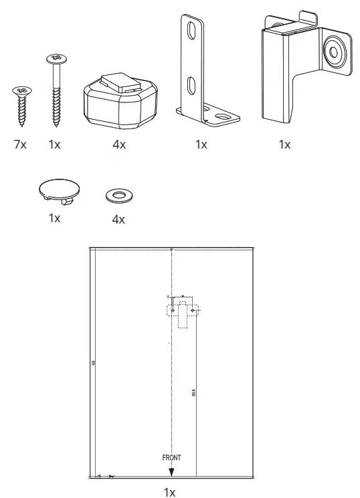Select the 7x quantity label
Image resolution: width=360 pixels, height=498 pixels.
pyautogui.click(x=19, y=145)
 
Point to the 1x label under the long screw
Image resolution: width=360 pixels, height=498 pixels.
pyautogui.click(x=54, y=145)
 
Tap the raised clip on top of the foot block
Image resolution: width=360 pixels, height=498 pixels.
pyautogui.click(x=121, y=82)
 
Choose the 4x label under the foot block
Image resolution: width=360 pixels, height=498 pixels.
pyautogui.click(x=118, y=145)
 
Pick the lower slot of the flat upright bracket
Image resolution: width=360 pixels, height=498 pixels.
pyautogui.click(x=191, y=85)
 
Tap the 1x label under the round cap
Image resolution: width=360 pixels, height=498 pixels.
pyautogui.click(x=54, y=218)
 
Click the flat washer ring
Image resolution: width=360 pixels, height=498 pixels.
pyautogui.click(x=118, y=195)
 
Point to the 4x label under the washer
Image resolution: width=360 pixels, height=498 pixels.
pyautogui.click(x=118, y=219)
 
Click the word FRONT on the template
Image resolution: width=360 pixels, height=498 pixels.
pyautogui.click(x=171, y=458)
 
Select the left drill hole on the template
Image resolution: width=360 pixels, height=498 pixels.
pyautogui.click(x=173, y=311)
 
